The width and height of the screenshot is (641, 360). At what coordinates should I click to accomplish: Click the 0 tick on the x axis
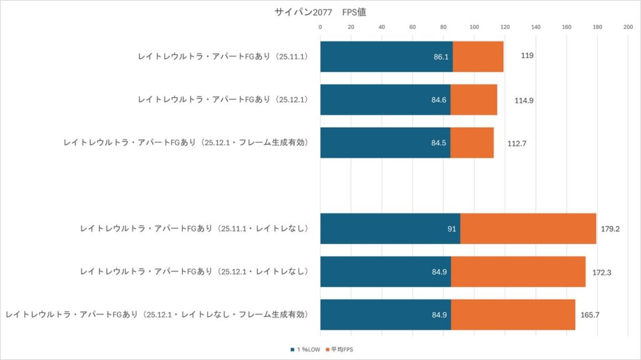[320, 27]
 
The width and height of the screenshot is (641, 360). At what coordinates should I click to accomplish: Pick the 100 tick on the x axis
[474, 27]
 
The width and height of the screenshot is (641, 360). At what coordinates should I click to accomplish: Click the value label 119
[527, 56]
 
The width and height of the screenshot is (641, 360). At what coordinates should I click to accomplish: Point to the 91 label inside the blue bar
[451, 229]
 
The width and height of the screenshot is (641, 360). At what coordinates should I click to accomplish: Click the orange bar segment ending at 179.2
[528, 229]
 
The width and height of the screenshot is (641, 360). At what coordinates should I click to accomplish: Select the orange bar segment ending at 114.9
[474, 100]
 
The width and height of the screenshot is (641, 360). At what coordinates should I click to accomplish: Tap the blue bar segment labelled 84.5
[385, 143]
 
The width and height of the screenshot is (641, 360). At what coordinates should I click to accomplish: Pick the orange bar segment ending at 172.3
[518, 272]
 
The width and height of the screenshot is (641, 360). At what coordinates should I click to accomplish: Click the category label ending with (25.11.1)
[229, 56]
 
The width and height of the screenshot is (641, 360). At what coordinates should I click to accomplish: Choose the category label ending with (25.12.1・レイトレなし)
[194, 272]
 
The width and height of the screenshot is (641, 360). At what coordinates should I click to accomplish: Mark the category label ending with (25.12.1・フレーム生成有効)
[187, 143]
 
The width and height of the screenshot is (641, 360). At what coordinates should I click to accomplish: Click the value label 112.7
[517, 143]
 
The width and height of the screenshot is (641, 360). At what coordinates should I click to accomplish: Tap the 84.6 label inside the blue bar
[439, 100]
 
